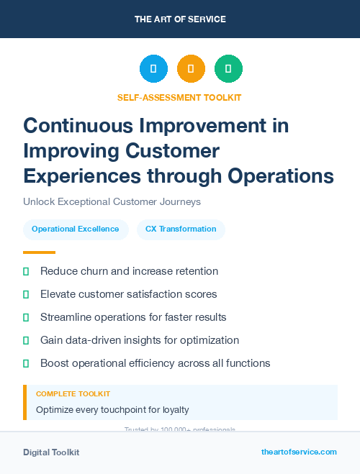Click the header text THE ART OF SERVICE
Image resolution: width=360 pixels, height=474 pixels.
click(180, 19)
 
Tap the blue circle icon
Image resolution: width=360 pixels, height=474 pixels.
click(153, 68)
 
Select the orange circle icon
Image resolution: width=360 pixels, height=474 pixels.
click(191, 68)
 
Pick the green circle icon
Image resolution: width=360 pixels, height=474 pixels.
click(228, 68)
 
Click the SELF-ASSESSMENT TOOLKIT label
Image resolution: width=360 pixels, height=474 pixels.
click(179, 97)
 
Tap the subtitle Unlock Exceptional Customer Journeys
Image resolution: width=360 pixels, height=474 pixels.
click(112, 201)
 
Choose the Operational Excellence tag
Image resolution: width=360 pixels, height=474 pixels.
click(76, 229)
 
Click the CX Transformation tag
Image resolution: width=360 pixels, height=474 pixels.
click(181, 229)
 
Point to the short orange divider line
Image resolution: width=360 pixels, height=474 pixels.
click(39, 252)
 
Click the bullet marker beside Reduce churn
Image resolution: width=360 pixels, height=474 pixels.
click(27, 271)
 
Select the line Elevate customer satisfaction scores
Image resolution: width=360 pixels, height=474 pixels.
click(128, 294)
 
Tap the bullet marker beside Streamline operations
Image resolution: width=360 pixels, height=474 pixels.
click(27, 317)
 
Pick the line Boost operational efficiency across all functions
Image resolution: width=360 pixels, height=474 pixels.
click(155, 363)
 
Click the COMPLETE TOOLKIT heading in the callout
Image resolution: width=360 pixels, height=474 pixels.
click(73, 394)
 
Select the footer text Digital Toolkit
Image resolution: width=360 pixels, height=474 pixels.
click(51, 452)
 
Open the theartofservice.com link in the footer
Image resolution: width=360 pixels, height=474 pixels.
click(299, 452)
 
